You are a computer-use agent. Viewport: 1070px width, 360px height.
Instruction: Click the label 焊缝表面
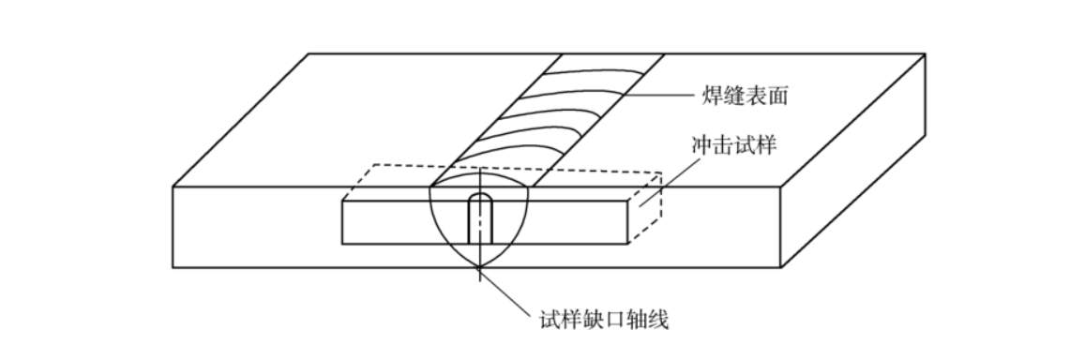[x=744, y=95]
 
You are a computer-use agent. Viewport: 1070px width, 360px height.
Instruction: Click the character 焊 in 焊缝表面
[x=712, y=95]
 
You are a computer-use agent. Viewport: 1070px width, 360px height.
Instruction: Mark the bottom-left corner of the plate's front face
[x=173, y=268]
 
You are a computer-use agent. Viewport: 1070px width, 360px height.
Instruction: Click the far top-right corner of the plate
[x=925, y=53]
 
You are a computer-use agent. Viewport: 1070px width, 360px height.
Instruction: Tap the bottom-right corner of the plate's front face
[x=783, y=268]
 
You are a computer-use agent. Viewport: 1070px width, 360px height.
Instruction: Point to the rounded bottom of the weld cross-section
[x=479, y=265]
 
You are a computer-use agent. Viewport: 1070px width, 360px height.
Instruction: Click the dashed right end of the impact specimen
[x=647, y=202]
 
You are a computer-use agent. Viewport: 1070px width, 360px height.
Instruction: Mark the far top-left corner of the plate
[x=310, y=53]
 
